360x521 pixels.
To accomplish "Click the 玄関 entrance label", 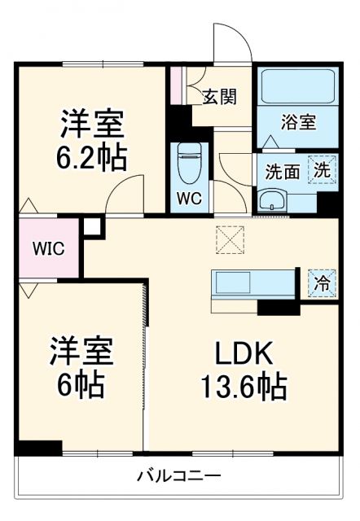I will pyautogui.click(x=220, y=96).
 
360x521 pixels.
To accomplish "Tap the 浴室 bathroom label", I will pyautogui.click(x=299, y=123).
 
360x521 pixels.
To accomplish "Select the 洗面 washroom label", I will pyautogui.click(x=282, y=172).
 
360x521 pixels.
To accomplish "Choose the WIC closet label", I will pyautogui.click(x=49, y=247).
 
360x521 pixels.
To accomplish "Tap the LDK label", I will pyautogui.click(x=244, y=354).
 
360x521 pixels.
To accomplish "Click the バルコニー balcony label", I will pyautogui.click(x=179, y=475).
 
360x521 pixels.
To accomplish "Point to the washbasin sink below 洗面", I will pyautogui.click(x=272, y=199).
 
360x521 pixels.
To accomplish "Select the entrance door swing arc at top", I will pyautogui.click(x=232, y=41).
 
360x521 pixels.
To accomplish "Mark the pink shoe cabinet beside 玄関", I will pyautogui.click(x=175, y=85).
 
